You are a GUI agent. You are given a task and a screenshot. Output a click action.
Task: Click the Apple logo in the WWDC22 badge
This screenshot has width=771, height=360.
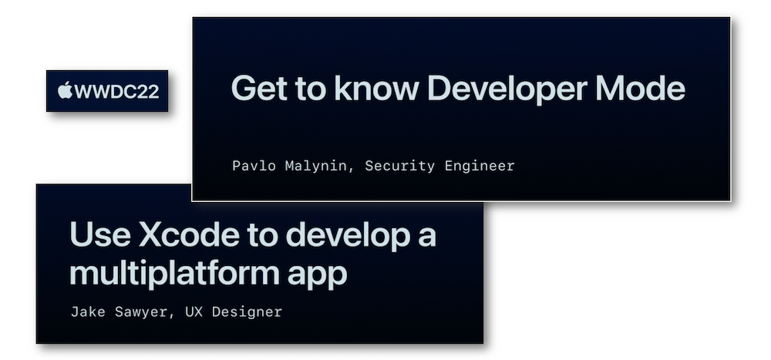(65, 90)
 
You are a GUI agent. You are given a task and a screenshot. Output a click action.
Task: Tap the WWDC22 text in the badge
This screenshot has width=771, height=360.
(116, 92)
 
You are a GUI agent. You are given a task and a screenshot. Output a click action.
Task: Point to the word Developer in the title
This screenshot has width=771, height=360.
(507, 89)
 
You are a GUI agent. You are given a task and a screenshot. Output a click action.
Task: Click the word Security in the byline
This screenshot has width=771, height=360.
(399, 167)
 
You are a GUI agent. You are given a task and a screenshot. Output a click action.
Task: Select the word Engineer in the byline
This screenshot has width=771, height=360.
(480, 167)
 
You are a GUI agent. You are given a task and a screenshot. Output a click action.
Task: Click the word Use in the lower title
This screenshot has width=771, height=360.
(100, 235)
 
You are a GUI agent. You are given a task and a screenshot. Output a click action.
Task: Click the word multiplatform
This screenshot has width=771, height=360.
(174, 273)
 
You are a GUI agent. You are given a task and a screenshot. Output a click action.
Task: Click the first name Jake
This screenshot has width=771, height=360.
(88, 311)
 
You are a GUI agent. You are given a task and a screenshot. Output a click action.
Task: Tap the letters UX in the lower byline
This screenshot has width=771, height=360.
(194, 311)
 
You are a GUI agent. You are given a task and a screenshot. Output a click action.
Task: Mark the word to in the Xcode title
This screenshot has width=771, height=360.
(262, 236)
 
